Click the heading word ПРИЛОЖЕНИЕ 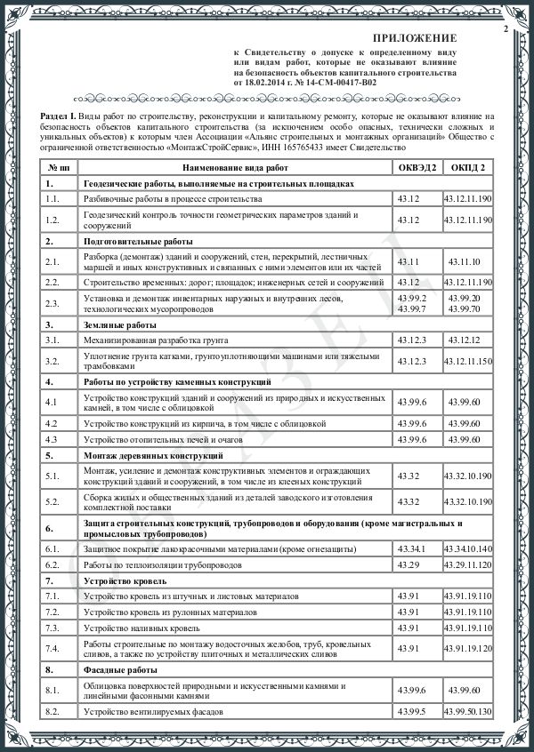(x=414, y=39)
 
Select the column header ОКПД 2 (x=467, y=166)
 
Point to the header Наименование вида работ (x=236, y=166)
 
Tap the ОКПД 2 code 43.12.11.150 (x=467, y=361)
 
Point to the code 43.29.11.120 (x=467, y=564)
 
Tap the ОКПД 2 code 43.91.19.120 (x=467, y=649)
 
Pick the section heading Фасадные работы (x=118, y=669)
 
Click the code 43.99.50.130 (x=467, y=712)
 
